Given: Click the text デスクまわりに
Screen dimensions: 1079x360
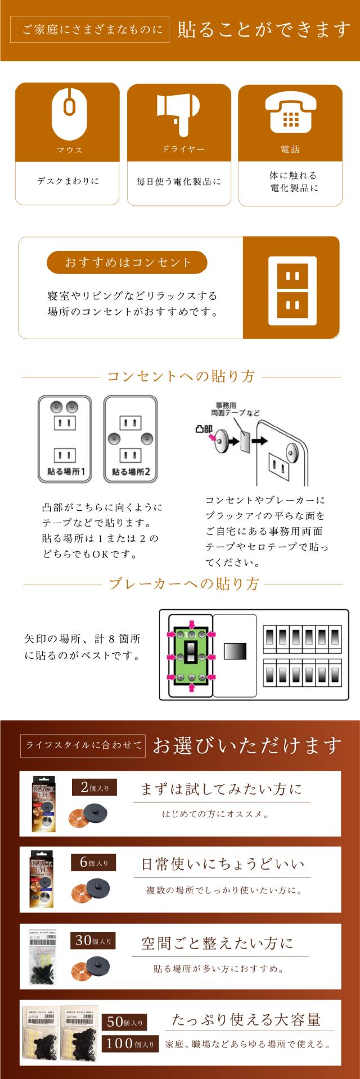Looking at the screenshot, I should [x=67, y=181].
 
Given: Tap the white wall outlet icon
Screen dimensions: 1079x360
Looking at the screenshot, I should [x=291, y=288].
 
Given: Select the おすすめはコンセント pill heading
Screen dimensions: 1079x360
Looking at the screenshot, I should [x=127, y=262].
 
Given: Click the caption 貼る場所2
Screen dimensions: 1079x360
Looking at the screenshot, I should [x=130, y=471].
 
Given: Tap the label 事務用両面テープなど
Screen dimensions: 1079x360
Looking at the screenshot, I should [x=235, y=409].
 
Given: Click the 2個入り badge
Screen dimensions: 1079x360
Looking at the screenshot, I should [x=94, y=788].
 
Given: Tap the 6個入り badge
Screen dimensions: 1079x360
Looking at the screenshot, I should [x=93, y=862].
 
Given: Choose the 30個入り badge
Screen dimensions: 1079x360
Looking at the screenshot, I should [x=93, y=940].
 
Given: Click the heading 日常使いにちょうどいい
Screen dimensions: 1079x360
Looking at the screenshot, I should [x=222, y=864].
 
